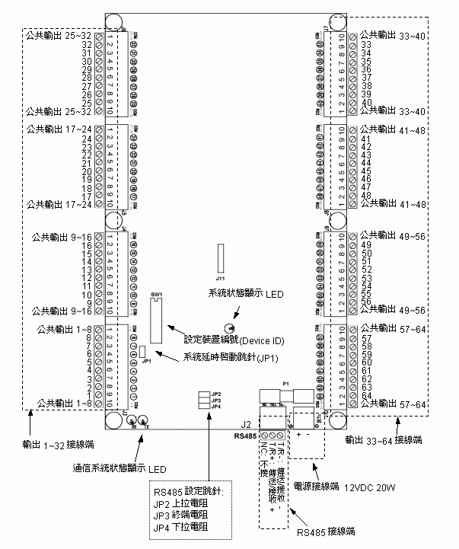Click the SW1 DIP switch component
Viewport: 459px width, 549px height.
pyautogui.click(x=158, y=319)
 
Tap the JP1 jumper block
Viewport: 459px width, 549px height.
pyautogui.click(x=142, y=351)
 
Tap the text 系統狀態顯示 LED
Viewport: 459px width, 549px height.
pyautogui.click(x=245, y=292)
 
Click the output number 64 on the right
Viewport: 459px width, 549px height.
pyautogui.click(x=366, y=394)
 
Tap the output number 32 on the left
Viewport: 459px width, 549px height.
pyautogui.click(x=87, y=45)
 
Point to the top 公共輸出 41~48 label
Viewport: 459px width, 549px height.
pyautogui.click(x=388, y=129)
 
